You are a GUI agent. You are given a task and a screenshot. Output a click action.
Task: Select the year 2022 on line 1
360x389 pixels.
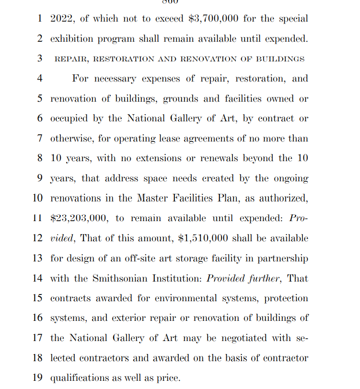pyautogui.click(x=61, y=19)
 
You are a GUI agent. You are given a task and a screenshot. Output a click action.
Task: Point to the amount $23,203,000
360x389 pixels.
pyautogui.click(x=80, y=218)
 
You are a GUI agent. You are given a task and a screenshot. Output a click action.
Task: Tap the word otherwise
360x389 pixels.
pyautogui.click(x=72, y=138)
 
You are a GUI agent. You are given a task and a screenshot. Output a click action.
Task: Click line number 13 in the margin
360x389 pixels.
pyautogui.click(x=37, y=258)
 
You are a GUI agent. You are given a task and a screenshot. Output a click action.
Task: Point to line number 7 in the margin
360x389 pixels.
pyautogui.click(x=40, y=138)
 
